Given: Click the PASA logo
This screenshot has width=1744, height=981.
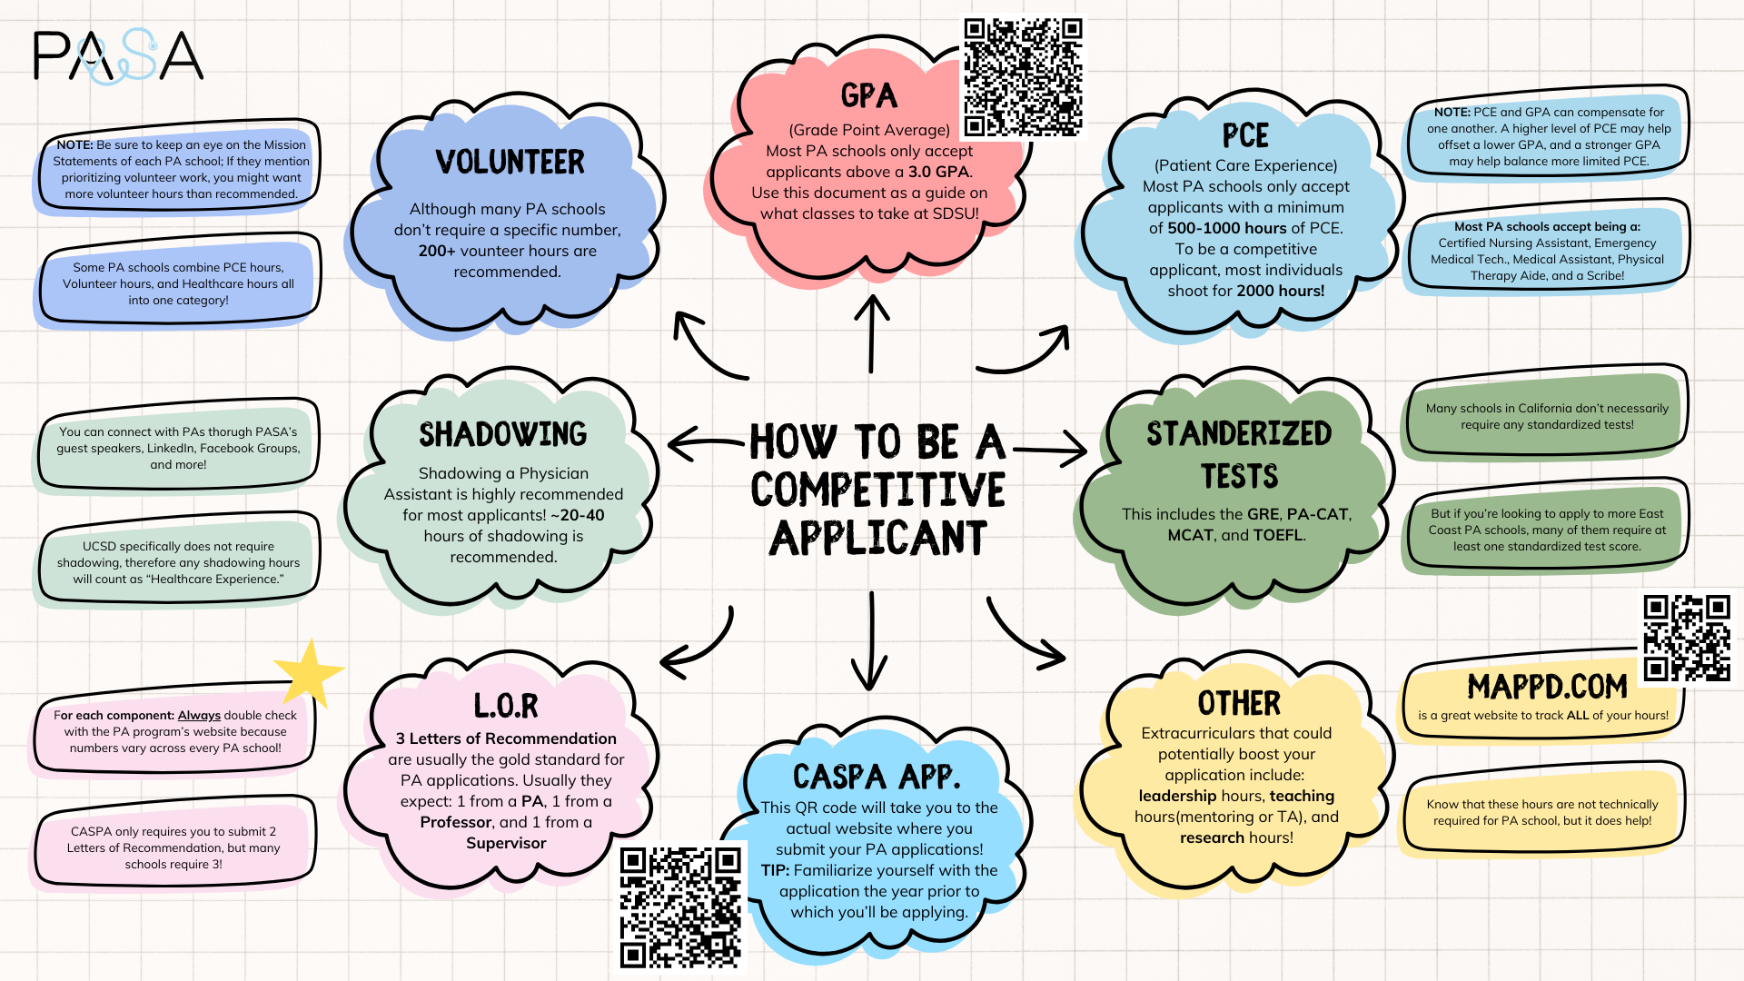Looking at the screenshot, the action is pos(118,56).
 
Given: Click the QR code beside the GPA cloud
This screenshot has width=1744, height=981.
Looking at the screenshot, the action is pos(1023,77).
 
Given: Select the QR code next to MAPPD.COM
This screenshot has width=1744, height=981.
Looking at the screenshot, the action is pos(1687,638).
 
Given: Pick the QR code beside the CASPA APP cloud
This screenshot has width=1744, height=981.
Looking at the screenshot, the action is pos(680,907).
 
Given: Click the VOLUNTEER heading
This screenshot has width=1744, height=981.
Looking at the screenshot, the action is pos(510,163).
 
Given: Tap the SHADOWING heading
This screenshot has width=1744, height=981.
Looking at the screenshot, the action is pos(502,434).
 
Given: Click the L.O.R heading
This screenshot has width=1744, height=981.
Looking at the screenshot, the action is pos(506,705).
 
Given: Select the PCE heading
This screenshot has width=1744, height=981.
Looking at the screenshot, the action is pos(1244,136).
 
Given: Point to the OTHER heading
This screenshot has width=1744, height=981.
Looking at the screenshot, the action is pos(1239,703).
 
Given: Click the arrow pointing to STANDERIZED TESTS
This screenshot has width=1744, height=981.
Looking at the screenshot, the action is pos(1050,449).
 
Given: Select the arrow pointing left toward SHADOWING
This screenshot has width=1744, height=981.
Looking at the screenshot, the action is pos(706,443).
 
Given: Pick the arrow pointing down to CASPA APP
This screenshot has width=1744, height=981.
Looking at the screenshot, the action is pos(870,641).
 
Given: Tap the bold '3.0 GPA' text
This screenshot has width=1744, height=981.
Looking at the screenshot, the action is pos(938,172).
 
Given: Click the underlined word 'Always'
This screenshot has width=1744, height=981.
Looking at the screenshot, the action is pos(199,716).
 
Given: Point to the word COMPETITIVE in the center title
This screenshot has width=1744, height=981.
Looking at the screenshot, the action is pos(877,490).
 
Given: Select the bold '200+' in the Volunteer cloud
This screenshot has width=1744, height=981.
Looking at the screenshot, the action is pos(437,251).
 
